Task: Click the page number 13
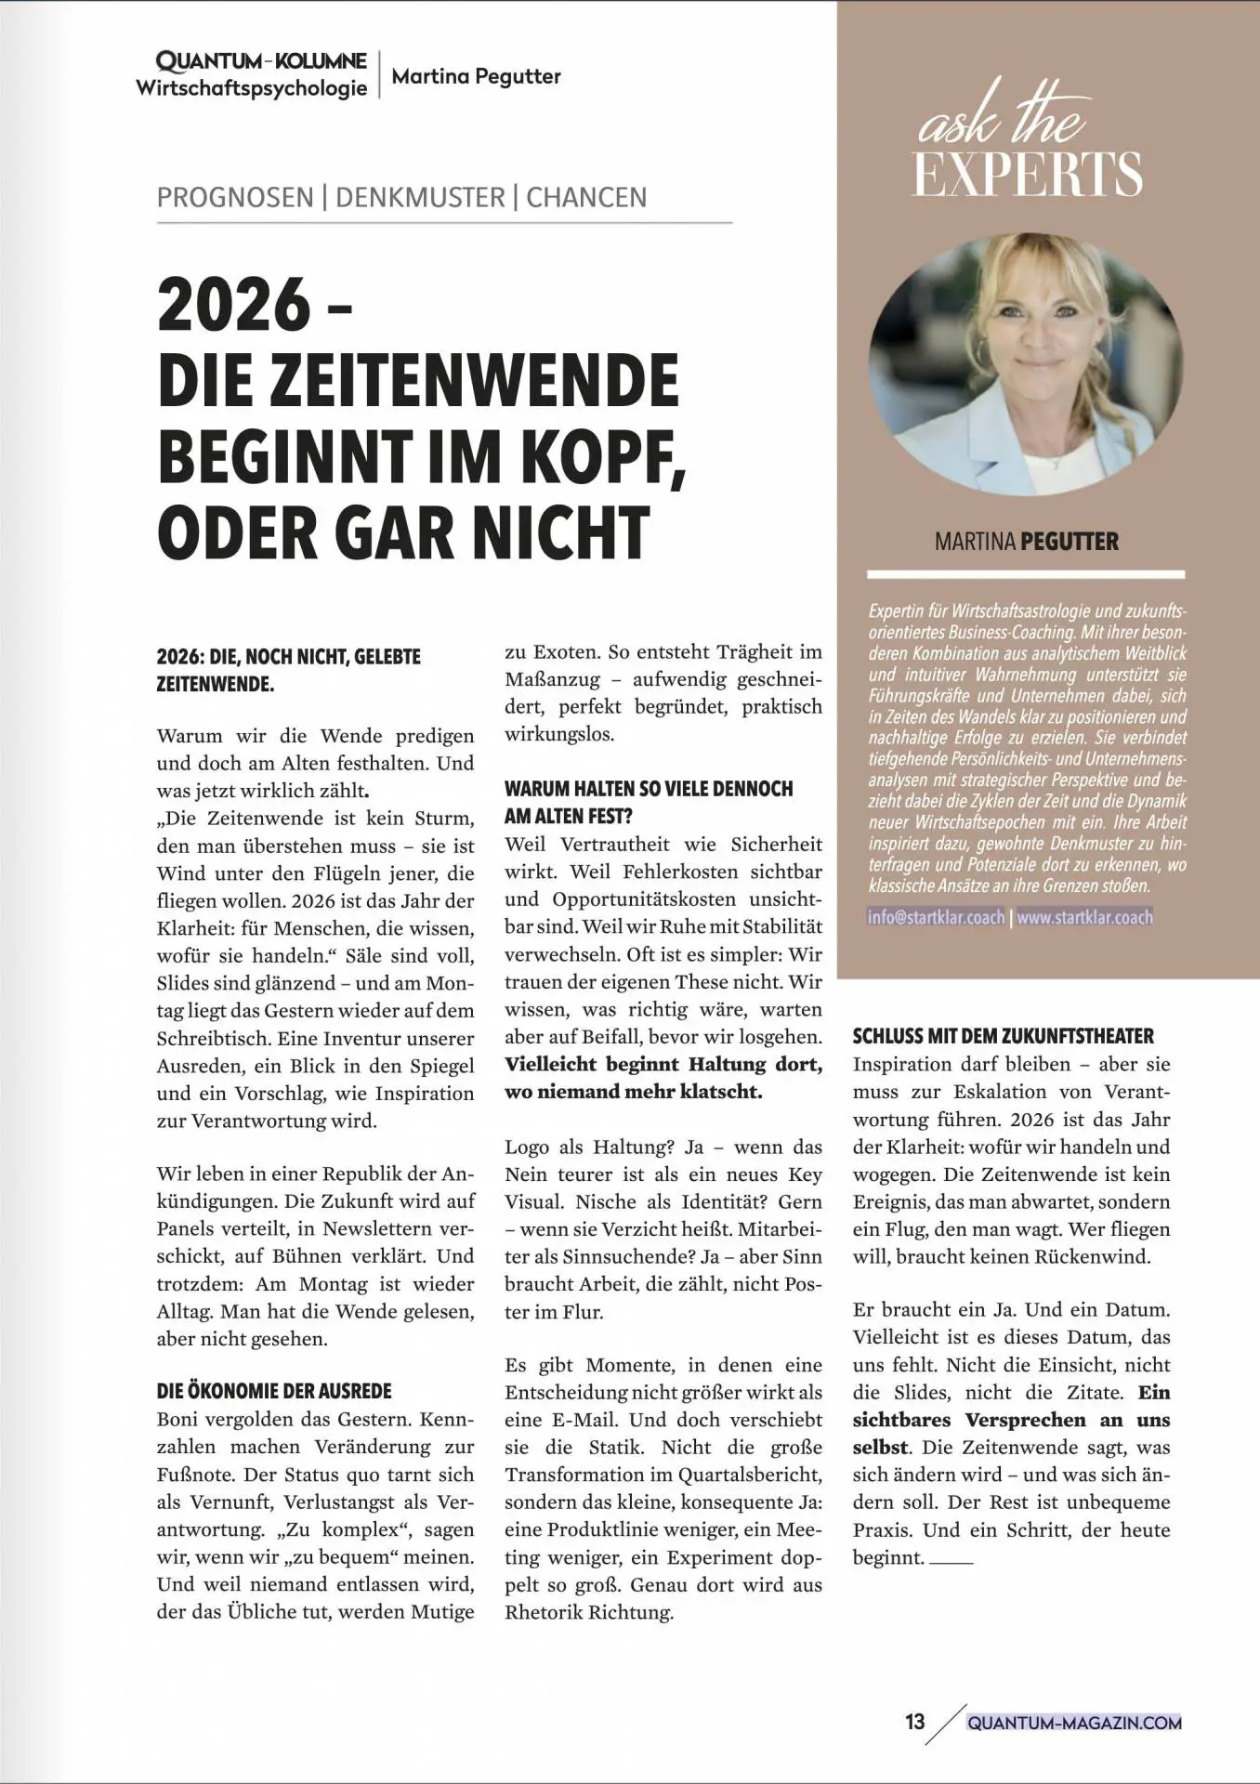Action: click(914, 1722)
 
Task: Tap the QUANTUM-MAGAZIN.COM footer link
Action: click(1074, 1723)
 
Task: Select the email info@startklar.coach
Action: click(937, 918)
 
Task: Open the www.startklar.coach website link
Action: click(1084, 918)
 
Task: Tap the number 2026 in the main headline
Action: click(234, 306)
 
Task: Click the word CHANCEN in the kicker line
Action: click(586, 198)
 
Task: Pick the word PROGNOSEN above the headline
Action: click(235, 198)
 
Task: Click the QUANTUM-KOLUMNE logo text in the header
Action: click(261, 62)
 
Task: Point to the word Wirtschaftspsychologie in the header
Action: click(252, 89)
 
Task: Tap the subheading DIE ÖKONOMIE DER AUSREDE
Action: click(274, 1391)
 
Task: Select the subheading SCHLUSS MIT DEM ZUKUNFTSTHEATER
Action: click(1004, 1036)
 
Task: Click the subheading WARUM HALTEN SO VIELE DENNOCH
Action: click(649, 789)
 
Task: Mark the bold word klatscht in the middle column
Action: click(721, 1092)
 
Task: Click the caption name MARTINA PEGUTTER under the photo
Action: click(1026, 542)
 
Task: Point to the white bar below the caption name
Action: click(1026, 575)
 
